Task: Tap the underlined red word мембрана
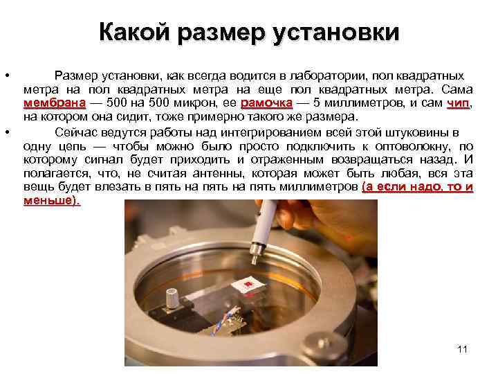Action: click(54, 104)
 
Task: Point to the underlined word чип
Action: click(458, 104)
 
